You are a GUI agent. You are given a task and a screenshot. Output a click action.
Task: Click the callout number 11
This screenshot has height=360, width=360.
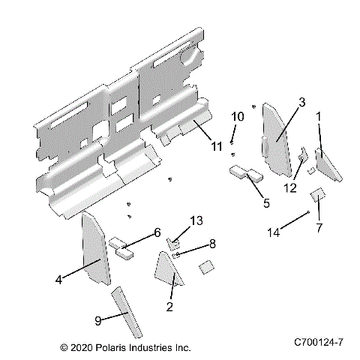coord(217,146)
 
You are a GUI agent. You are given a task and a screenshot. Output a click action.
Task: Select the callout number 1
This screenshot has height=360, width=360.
coord(319,117)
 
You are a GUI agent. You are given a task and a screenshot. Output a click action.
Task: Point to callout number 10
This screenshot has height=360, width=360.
coord(237,117)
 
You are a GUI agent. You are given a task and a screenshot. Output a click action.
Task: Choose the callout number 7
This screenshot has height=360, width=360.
coord(319,226)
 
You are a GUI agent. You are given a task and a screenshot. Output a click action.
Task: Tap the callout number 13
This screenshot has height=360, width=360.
coord(196,220)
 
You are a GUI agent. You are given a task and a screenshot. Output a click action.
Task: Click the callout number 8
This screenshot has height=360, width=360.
coord(212,244)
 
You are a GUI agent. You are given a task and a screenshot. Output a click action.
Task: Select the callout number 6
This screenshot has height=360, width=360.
coord(157,233)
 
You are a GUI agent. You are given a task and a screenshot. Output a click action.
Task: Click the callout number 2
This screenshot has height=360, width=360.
coord(169,306)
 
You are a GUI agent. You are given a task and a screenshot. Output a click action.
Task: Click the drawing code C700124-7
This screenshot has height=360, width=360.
coord(319,341)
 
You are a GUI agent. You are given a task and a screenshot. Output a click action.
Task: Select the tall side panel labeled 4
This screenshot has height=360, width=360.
coord(93,248)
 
